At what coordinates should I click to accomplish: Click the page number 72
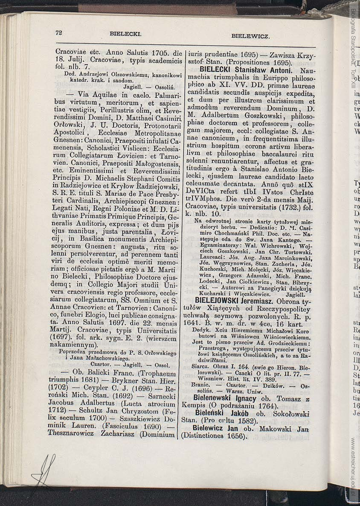[59, 32]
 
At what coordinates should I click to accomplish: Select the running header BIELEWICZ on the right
[250, 36]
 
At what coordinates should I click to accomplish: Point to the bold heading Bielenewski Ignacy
[225, 399]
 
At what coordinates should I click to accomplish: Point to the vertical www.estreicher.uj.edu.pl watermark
[354, 468]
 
